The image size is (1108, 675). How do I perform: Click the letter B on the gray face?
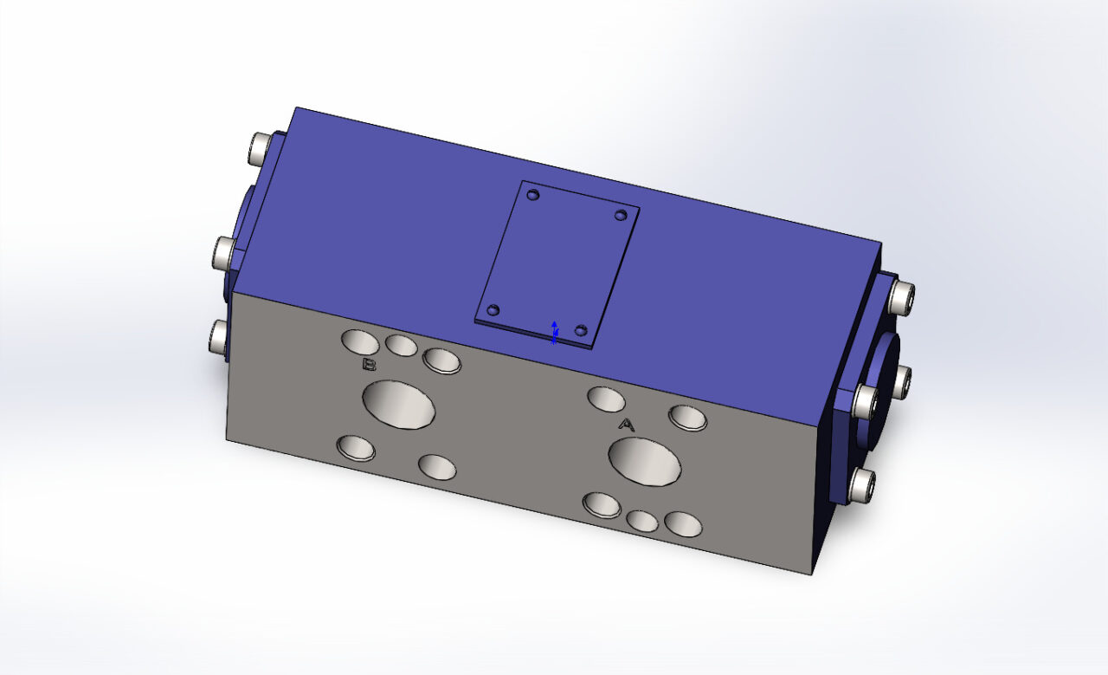[x=369, y=365]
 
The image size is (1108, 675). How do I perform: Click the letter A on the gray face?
[x=627, y=425]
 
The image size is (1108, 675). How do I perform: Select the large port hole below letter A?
[x=645, y=461]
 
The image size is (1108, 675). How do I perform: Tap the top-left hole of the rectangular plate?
[x=533, y=195]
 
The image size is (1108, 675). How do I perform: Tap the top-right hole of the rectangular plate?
[x=620, y=214]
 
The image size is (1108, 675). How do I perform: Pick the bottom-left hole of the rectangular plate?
[x=493, y=310]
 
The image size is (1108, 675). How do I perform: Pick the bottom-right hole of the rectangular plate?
[x=581, y=330]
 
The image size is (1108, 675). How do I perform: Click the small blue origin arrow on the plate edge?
[x=554, y=331]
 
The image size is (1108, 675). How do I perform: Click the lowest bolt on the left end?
[x=218, y=334]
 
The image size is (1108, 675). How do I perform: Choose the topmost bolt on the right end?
[x=902, y=297]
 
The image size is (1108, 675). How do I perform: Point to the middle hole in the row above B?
[x=401, y=345]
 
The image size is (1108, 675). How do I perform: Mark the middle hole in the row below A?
[x=641, y=520]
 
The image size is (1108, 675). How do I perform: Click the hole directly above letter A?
[x=606, y=399]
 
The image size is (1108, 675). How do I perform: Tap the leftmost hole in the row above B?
[x=359, y=341]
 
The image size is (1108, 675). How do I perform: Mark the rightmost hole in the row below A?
[x=683, y=523]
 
